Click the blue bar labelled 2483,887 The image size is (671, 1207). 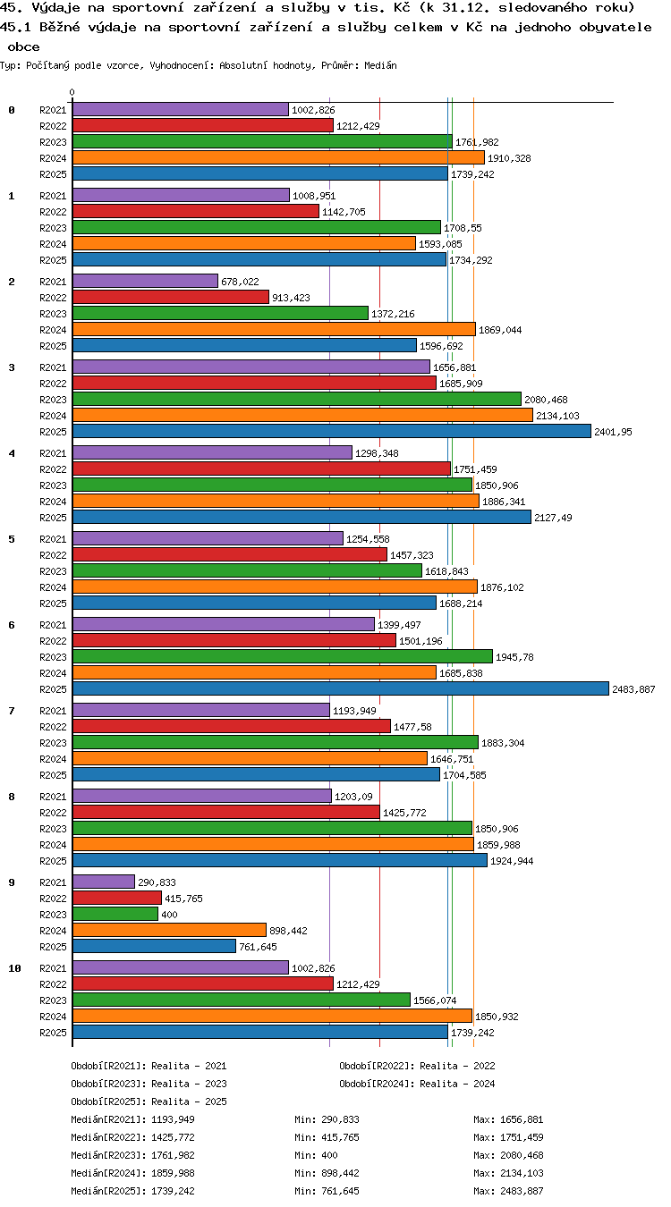click(x=340, y=688)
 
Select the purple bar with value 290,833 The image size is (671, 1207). click(x=104, y=882)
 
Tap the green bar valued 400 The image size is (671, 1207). click(x=115, y=914)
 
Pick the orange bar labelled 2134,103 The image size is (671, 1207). click(x=302, y=415)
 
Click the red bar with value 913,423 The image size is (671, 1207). click(x=171, y=297)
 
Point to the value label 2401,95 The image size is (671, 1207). click(x=613, y=432)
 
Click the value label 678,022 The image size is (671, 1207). click(x=240, y=282)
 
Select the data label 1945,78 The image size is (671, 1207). click(x=514, y=657)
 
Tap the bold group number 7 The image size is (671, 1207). click(x=12, y=711)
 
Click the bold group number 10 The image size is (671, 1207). click(x=14, y=968)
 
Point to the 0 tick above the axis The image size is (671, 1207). click(x=72, y=92)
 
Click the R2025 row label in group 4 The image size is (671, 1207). click(x=53, y=518)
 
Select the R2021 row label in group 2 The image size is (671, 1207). click(x=53, y=282)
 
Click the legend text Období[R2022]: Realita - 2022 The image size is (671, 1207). click(x=417, y=1066)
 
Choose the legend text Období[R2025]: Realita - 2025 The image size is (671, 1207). click(x=149, y=1101)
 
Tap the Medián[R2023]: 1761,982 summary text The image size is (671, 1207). click(x=132, y=1155)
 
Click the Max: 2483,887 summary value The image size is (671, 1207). click(x=508, y=1191)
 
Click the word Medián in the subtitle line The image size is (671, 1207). click(x=380, y=66)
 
